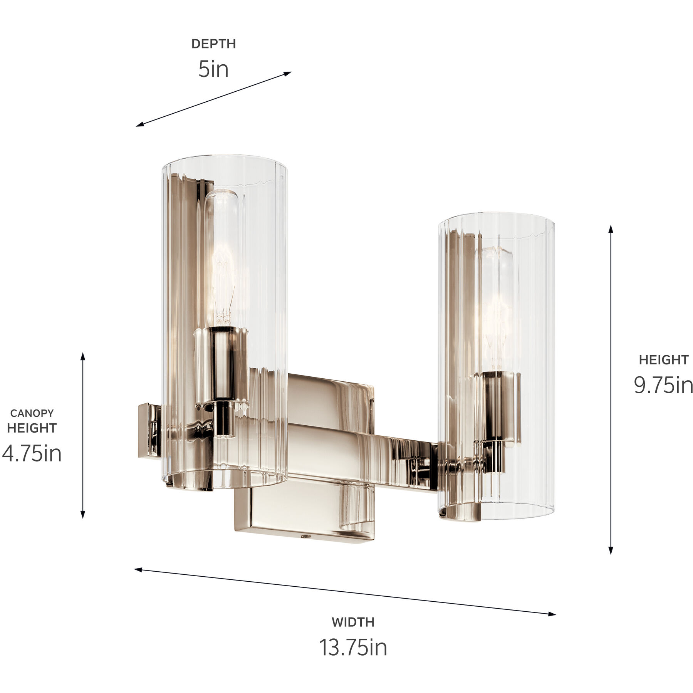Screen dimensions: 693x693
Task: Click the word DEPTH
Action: click(213, 44)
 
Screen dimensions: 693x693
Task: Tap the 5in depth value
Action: click(213, 69)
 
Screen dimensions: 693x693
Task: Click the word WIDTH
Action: click(353, 622)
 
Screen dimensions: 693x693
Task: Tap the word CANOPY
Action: click(32, 413)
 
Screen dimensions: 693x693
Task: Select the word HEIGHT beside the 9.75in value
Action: click(663, 360)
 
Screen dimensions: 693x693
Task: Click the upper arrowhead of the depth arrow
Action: click(288, 73)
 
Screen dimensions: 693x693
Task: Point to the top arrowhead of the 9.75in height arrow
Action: click(611, 229)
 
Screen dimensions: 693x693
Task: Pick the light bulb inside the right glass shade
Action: click(496, 308)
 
